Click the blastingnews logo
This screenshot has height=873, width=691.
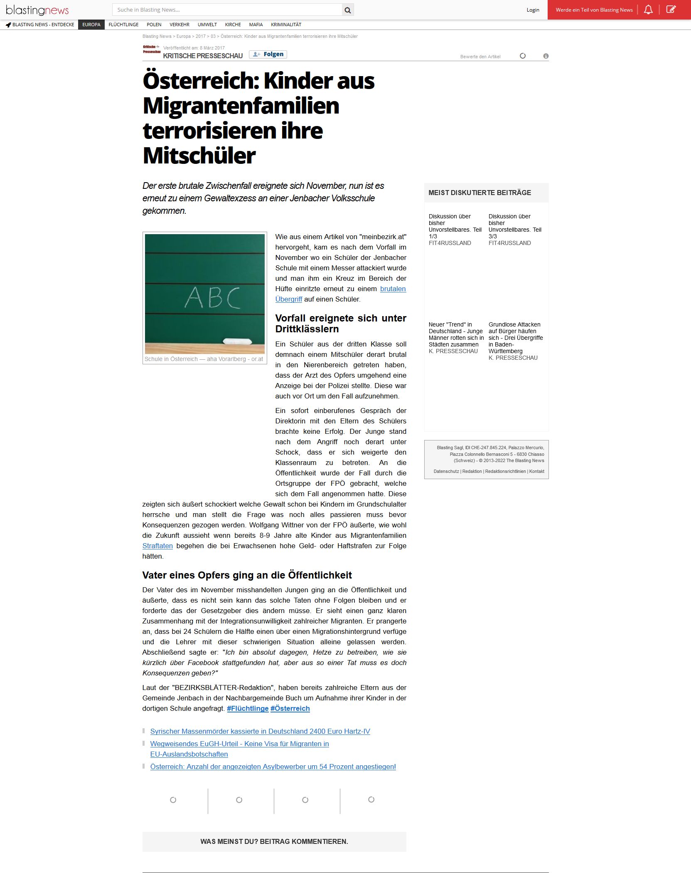click(37, 10)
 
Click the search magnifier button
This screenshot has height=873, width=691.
click(348, 10)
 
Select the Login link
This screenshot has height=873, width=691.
click(533, 10)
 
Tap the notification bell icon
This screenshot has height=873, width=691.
click(648, 10)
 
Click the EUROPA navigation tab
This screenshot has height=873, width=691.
click(91, 25)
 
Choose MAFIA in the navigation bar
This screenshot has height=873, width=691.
click(256, 25)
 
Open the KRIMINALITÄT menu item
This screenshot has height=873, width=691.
click(286, 25)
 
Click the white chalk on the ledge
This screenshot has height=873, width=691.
click(237, 341)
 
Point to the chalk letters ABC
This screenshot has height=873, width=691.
click(212, 297)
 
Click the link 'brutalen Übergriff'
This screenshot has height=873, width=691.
click(393, 289)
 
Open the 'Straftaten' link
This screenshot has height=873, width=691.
click(157, 546)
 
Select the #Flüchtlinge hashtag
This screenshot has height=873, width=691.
click(248, 708)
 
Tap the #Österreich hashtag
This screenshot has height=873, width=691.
click(290, 708)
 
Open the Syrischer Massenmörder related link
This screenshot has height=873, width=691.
click(260, 731)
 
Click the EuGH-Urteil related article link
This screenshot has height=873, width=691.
click(239, 744)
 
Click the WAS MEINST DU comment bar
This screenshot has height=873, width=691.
click(274, 841)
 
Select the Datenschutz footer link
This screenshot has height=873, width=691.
click(446, 471)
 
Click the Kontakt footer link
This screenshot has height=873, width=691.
click(536, 471)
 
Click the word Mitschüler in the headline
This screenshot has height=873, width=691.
click(199, 156)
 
